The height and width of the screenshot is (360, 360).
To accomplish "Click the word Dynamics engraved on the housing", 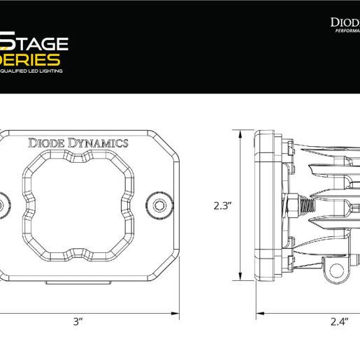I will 99,143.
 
